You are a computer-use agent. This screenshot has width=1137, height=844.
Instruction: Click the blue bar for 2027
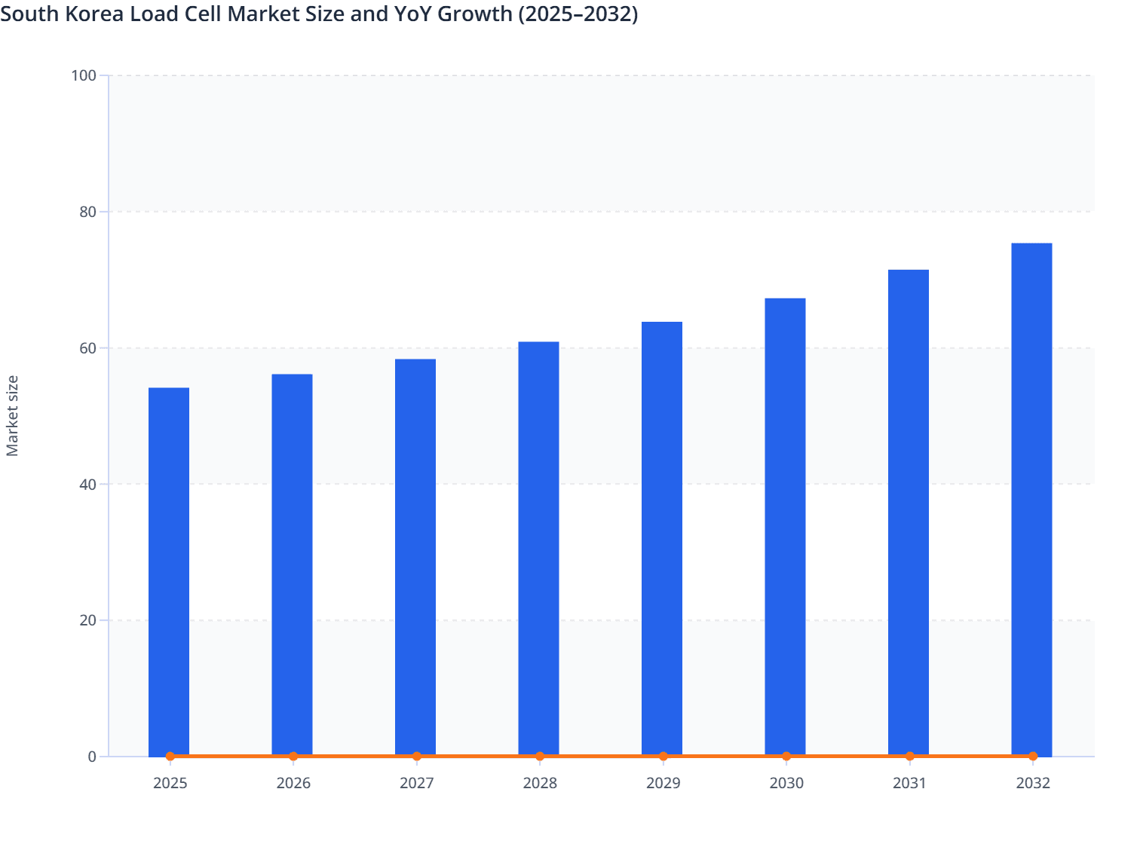415,557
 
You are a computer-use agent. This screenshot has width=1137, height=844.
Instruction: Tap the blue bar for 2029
662,538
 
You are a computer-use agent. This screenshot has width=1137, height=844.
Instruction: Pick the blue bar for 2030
785,527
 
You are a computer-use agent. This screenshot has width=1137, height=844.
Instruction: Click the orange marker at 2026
293,756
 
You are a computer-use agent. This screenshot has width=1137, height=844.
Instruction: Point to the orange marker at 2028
540,756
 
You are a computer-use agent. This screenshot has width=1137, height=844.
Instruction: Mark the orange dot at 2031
909,756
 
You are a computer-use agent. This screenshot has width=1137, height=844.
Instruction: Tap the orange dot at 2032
1033,756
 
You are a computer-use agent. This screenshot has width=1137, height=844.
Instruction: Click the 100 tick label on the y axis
83,75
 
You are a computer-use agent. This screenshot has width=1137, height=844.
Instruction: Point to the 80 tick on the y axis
87,212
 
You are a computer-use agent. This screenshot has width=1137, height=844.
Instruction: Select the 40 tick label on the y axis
87,485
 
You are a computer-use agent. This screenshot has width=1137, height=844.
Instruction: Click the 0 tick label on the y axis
92,757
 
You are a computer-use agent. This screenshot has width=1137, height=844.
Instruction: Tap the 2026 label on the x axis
293,783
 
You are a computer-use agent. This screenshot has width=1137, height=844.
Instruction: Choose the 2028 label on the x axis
540,783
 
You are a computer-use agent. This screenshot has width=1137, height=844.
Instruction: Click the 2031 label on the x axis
909,783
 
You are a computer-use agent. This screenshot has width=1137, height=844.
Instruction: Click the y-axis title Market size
12,415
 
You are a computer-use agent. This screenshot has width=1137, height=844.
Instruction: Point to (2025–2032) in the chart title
578,14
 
